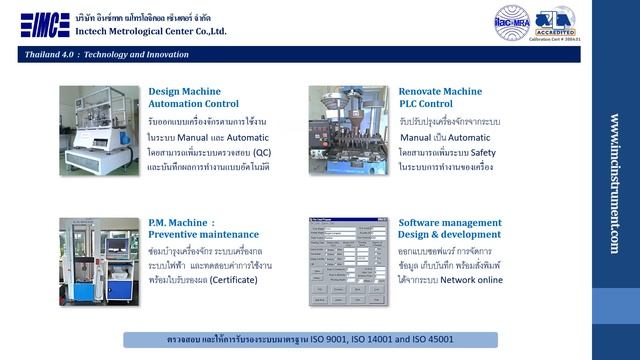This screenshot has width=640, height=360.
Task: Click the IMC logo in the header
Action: click(x=45, y=24)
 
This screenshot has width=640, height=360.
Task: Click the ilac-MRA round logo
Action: click(x=511, y=22)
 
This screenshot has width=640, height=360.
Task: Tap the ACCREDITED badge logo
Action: click(x=555, y=21)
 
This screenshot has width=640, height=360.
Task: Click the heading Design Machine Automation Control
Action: click(x=193, y=97)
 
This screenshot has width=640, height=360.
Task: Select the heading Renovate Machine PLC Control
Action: click(x=440, y=97)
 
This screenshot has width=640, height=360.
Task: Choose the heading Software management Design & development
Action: click(x=450, y=228)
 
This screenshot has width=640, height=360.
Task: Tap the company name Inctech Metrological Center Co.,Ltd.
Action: click(x=151, y=31)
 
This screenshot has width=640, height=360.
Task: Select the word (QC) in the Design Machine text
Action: click(x=261, y=151)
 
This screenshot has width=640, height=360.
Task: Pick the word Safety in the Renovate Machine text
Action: click(x=482, y=151)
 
